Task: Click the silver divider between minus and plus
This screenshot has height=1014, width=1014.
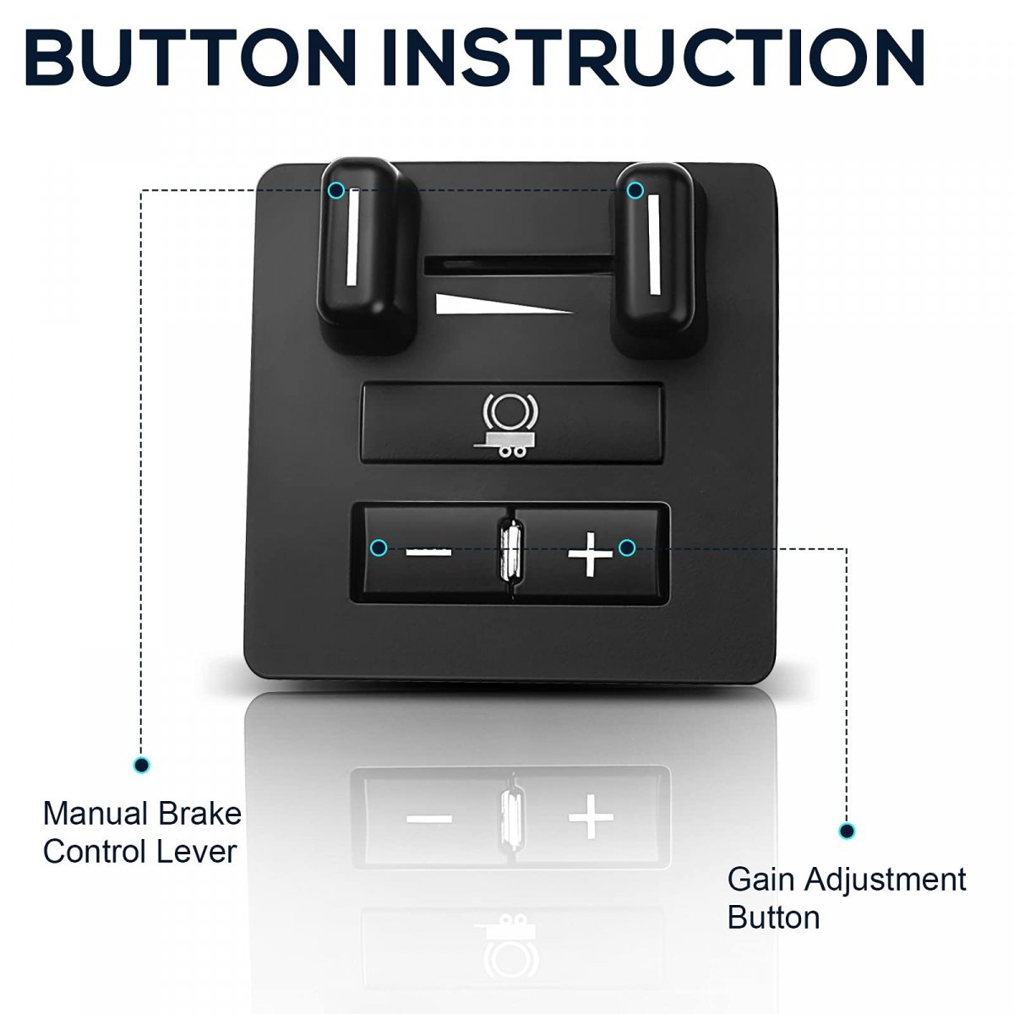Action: click(510, 550)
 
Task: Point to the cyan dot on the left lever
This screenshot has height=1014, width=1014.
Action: click(335, 190)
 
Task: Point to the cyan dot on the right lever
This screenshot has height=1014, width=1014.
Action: click(635, 190)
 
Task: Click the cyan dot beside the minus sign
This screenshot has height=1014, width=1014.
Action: click(379, 548)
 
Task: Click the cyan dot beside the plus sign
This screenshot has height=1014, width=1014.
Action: click(626, 548)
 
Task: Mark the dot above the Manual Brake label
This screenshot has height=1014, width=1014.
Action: click(141, 765)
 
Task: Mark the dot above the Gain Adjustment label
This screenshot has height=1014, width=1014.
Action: click(846, 831)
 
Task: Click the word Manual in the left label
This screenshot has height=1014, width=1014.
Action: click(95, 814)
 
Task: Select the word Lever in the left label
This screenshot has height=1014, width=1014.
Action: click(198, 852)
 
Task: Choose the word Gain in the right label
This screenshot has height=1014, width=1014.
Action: click(761, 880)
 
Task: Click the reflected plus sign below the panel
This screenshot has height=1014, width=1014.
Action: click(591, 817)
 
